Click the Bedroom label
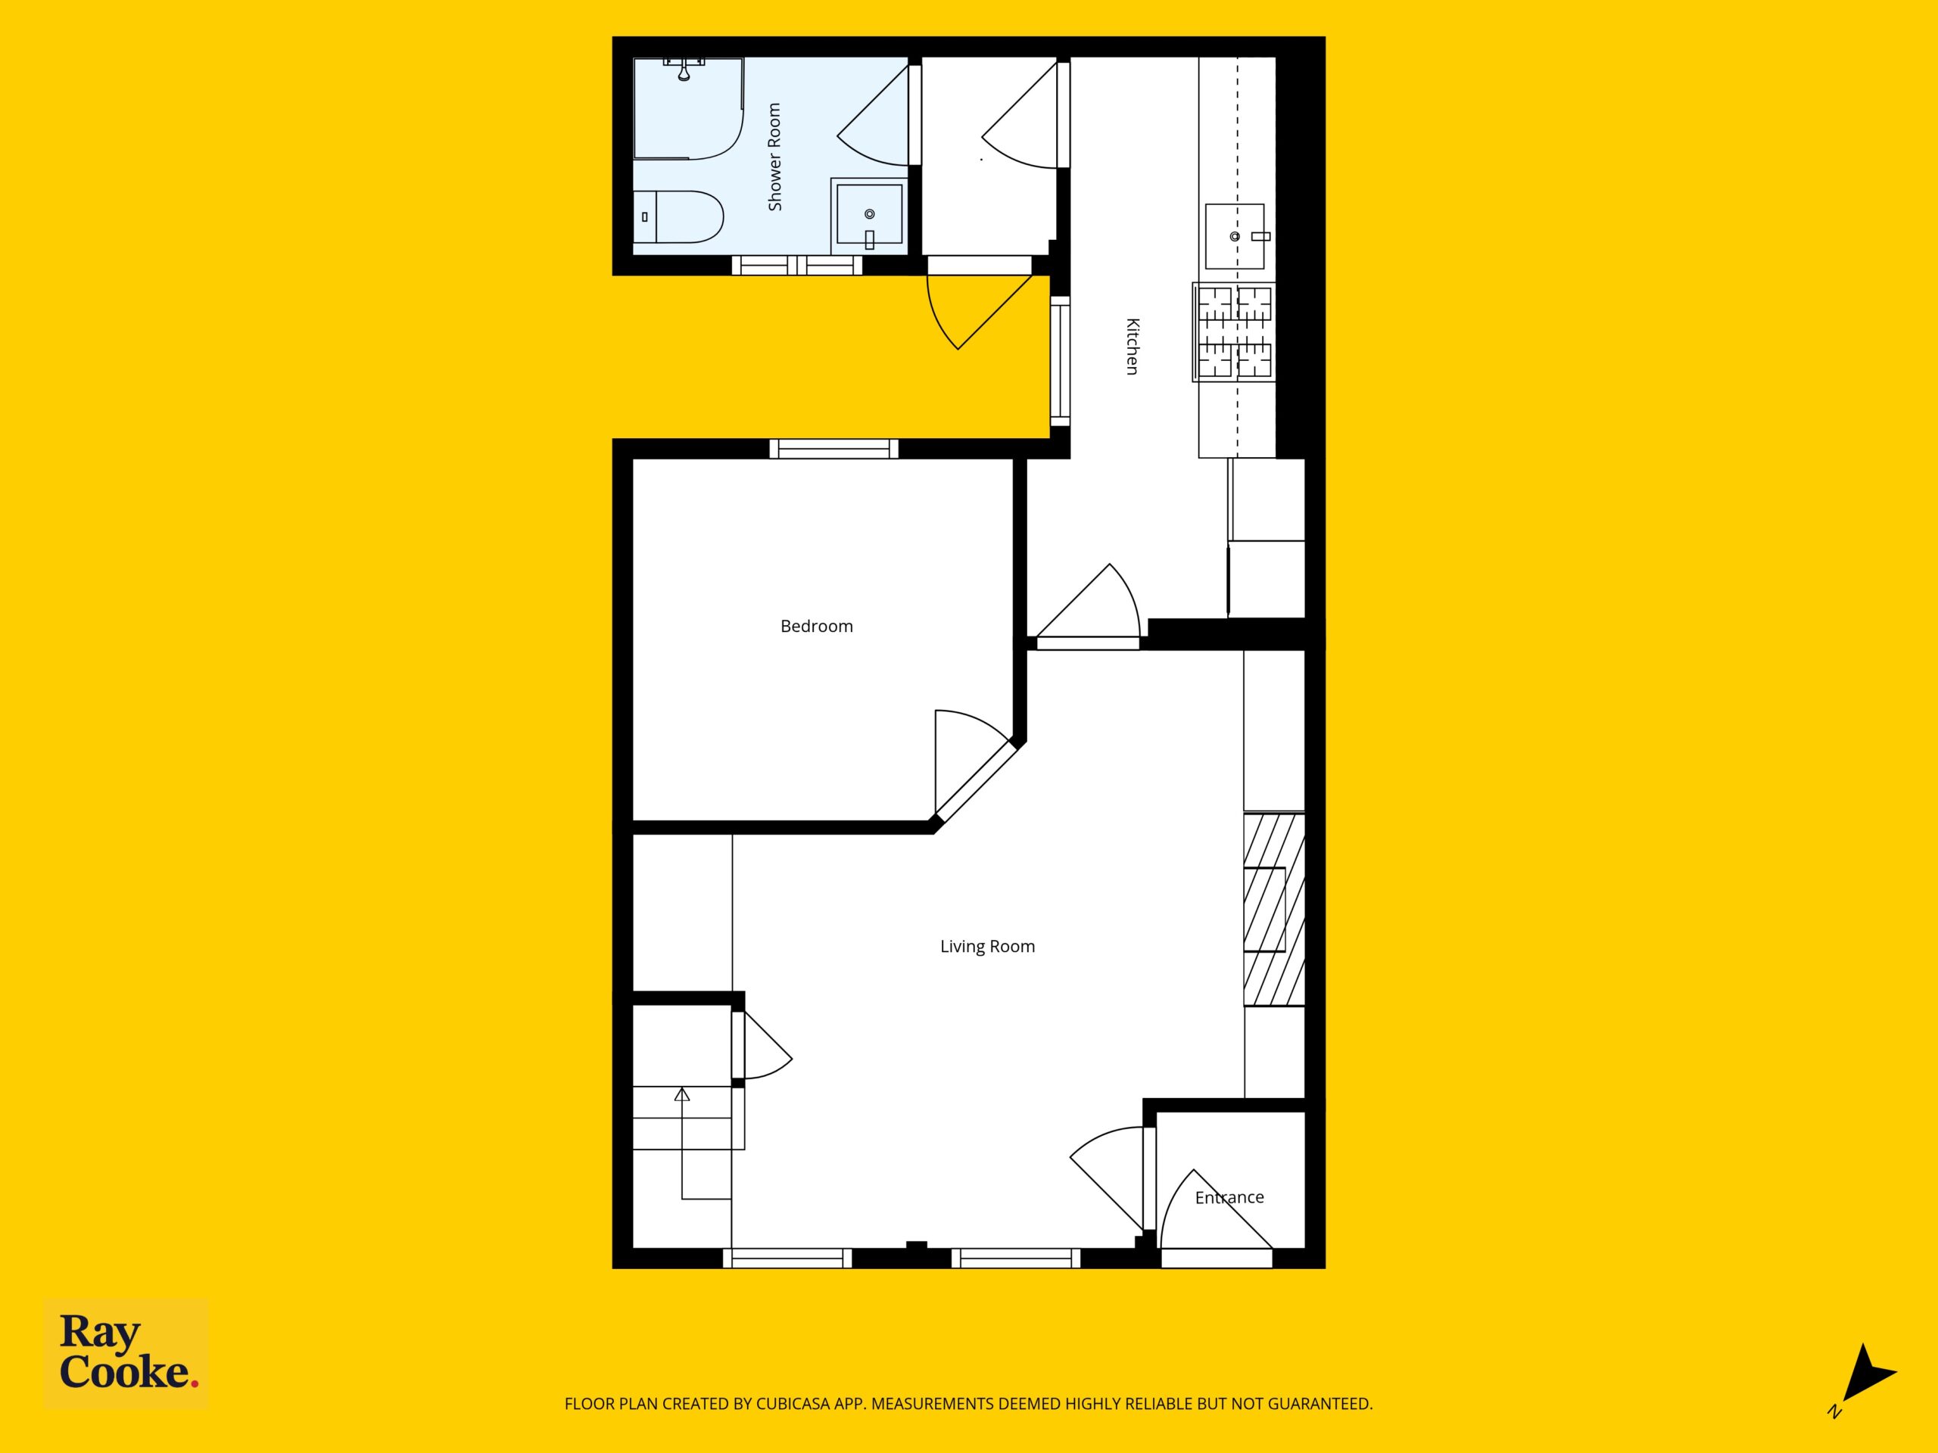(817, 626)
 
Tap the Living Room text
(987, 946)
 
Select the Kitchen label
(1132, 346)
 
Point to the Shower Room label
(774, 157)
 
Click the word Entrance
(1229, 1197)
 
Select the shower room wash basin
(868, 215)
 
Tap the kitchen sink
(1235, 235)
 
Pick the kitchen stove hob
(1234, 332)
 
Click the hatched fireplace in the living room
(1274, 909)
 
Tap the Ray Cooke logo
(126, 1352)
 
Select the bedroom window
(834, 449)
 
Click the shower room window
(797, 265)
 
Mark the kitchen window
(1060, 361)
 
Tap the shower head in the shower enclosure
(684, 69)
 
